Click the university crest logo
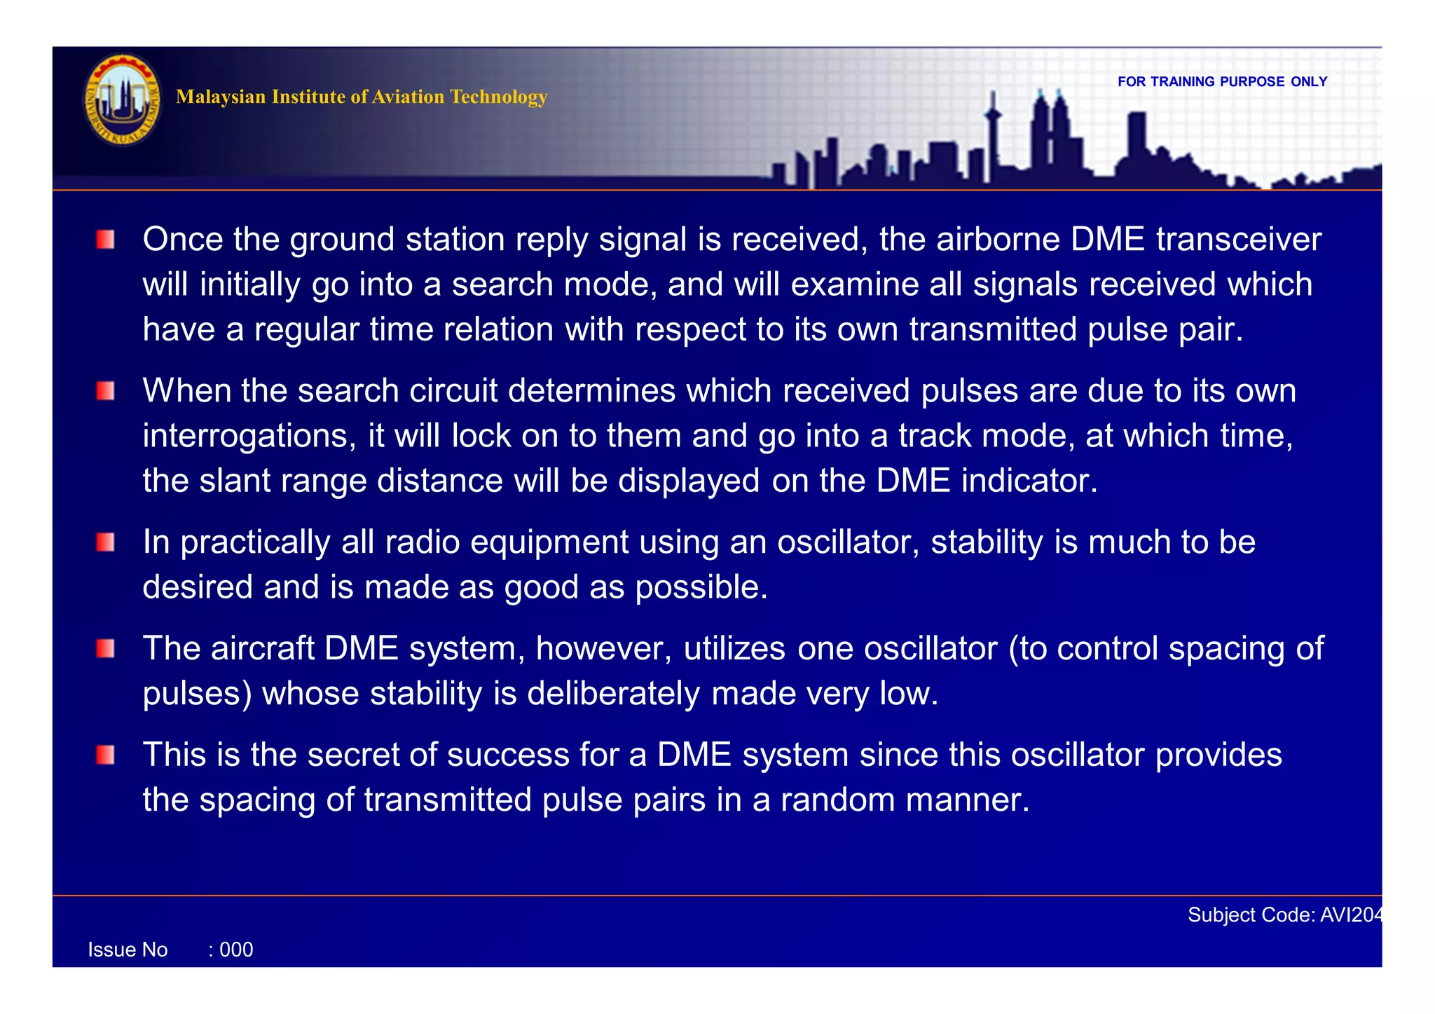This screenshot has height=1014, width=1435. click(123, 100)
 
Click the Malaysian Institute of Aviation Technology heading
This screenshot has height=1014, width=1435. click(362, 97)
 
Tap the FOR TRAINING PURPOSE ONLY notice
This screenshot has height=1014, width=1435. click(1222, 82)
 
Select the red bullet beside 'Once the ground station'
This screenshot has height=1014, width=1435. click(106, 240)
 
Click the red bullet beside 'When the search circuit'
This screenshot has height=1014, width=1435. click(106, 391)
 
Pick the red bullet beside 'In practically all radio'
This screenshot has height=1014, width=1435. click(106, 542)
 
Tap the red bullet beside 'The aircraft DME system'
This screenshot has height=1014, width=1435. click(106, 649)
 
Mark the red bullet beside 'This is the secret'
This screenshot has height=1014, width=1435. click(106, 755)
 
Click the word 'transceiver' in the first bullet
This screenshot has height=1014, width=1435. click(1238, 240)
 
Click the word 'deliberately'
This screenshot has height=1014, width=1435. click(613, 694)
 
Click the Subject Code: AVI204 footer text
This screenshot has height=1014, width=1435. click(1285, 915)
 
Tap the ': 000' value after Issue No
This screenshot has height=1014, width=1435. click(231, 950)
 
